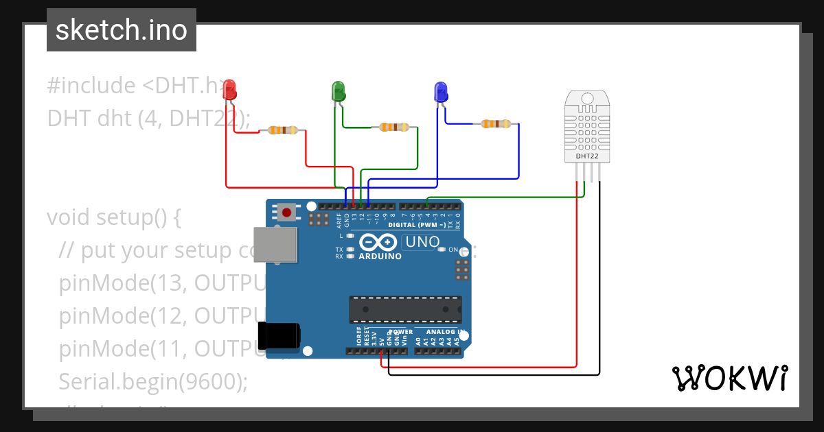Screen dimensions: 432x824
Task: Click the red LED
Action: (x=230, y=89)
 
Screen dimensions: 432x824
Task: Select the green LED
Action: (x=338, y=91)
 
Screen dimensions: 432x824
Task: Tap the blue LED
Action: (x=440, y=92)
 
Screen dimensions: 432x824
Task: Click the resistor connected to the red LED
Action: (x=283, y=130)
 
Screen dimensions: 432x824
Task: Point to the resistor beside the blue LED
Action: (x=496, y=124)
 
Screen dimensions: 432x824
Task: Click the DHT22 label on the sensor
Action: (x=587, y=156)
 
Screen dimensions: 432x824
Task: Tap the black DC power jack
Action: (x=279, y=335)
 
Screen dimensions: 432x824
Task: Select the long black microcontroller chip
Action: (x=405, y=309)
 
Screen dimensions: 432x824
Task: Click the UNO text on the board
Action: (x=422, y=241)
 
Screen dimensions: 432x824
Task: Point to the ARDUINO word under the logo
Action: (x=380, y=256)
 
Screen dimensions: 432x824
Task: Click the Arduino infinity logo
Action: (x=378, y=242)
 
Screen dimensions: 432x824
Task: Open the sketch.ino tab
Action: (x=122, y=30)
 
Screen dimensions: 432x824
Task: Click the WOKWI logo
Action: (x=729, y=378)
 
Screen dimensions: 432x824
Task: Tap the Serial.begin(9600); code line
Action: (x=153, y=381)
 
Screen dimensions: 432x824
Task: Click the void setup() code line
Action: (x=113, y=217)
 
